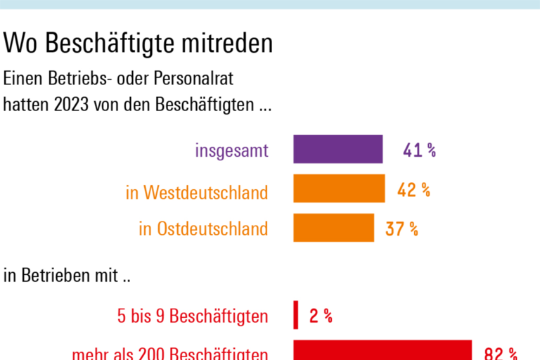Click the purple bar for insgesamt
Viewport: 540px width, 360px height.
coord(338,149)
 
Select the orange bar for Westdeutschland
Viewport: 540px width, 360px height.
coord(339,188)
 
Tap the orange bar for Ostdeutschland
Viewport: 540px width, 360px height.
coord(334,228)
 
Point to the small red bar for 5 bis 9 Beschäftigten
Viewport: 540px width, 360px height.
coord(296,315)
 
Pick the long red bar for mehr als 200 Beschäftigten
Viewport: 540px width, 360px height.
coord(382,350)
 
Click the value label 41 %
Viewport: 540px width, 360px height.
coord(419,150)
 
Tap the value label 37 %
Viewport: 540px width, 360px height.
coord(401,229)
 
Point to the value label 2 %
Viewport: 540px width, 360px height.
coord(321,316)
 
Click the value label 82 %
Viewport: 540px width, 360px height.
coord(501,353)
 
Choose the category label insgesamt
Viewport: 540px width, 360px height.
coord(232,150)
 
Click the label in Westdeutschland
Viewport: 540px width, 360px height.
coord(197,192)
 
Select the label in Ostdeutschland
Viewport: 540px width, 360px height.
coord(203,229)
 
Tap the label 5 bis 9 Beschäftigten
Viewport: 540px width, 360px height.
coord(192,316)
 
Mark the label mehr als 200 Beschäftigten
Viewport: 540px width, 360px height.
coord(169,354)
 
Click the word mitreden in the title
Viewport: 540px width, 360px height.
coord(226,44)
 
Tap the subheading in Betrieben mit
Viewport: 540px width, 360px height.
coord(67,276)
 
